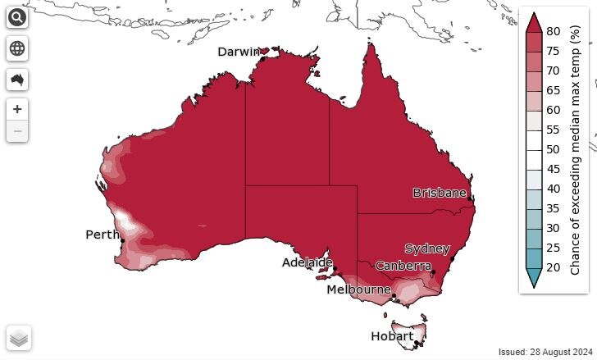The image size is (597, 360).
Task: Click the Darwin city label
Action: coord(239,52)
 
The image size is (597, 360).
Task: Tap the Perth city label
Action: coord(103,235)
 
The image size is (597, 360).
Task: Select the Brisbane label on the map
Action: coord(440,193)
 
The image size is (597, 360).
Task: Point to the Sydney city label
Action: coord(427,248)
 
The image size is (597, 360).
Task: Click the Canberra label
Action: coord(403,266)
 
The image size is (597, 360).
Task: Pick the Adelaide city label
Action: coord(307,262)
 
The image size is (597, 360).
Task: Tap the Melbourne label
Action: coord(358,289)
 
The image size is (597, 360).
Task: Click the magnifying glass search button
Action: coord(17,19)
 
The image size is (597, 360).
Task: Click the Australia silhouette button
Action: coord(17,80)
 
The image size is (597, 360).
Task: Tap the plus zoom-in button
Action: coord(17,109)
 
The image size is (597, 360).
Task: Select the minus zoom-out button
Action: coord(17,130)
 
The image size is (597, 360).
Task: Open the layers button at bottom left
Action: coord(19,337)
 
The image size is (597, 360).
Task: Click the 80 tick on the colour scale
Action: coord(554,31)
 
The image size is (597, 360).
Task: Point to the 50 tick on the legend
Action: coord(554,149)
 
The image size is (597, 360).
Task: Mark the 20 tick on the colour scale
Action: coord(554,267)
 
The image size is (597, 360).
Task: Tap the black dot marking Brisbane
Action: coord(469,198)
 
